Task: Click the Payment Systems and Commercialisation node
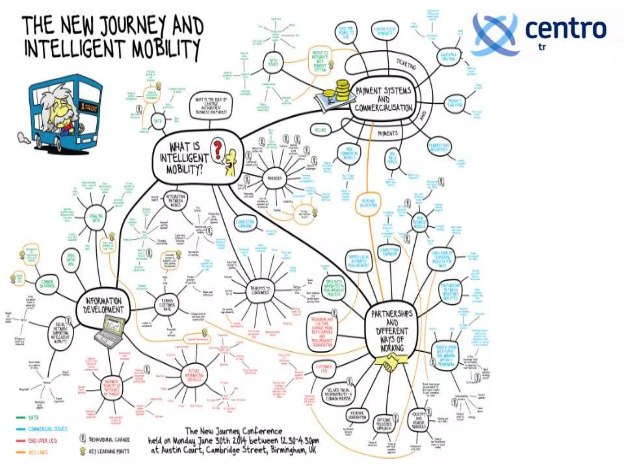point(383,99)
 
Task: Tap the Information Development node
point(103,305)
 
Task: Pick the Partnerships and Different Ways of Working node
point(392,331)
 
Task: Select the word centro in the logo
point(565,29)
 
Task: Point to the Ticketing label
point(406,64)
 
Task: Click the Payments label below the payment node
point(388,133)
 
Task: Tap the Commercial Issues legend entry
point(48,429)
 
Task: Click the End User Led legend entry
point(42,441)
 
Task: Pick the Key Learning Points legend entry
point(109,451)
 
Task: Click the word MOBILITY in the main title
point(166,49)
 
